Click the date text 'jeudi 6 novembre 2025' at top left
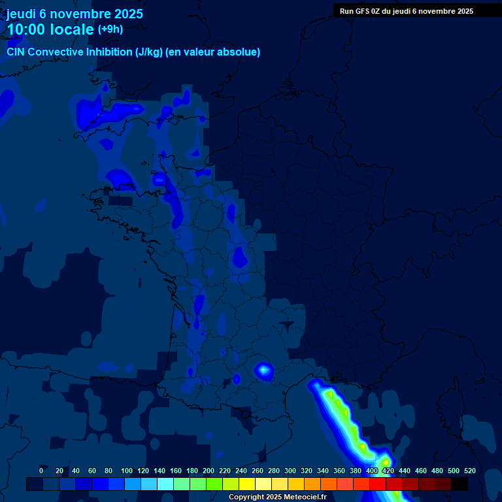click(75, 14)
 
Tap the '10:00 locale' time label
click(50, 29)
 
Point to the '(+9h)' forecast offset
click(110, 29)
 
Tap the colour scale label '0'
click(41, 471)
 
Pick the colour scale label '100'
click(127, 471)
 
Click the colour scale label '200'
click(209, 471)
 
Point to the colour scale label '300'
click(290, 471)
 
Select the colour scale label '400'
click(372, 471)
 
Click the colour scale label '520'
click(469, 471)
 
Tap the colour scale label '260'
click(258, 471)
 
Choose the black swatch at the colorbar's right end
click(460, 484)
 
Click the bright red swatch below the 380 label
click(361, 484)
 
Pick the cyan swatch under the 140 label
click(165, 484)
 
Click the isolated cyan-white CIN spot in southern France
click(263, 371)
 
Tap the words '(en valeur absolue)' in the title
click(213, 52)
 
